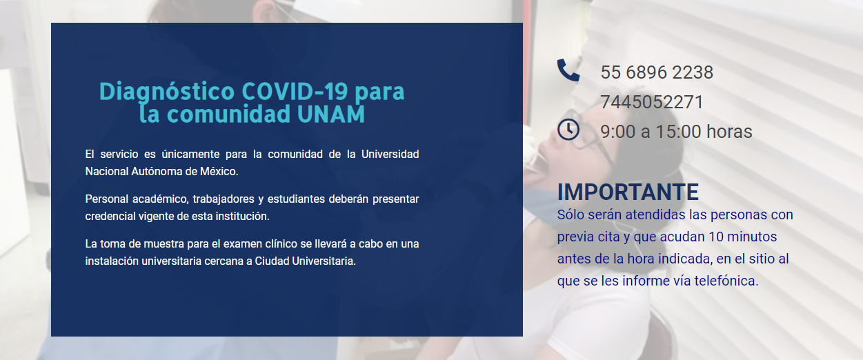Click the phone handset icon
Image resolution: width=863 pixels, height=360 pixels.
(x=568, y=70)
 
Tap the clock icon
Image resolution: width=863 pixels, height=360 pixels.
(x=568, y=130)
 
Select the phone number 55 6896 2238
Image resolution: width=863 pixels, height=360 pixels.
(x=657, y=72)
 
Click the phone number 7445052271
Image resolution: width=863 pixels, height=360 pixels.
(x=652, y=102)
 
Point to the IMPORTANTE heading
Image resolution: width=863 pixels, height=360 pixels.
(x=628, y=192)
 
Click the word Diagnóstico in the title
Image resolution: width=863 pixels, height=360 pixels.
(x=167, y=92)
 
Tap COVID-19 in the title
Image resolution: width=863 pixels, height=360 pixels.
(x=295, y=92)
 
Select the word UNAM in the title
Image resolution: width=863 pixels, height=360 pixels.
(x=331, y=114)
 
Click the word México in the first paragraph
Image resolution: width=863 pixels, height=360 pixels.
(x=219, y=171)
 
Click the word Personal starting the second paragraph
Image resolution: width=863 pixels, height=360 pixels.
(x=106, y=199)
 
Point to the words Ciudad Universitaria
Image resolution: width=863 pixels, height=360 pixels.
(x=305, y=261)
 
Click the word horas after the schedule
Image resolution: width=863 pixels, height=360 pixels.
(x=729, y=132)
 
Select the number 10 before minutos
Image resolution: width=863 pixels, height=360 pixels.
(x=716, y=237)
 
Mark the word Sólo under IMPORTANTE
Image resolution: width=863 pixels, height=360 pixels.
(x=571, y=214)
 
